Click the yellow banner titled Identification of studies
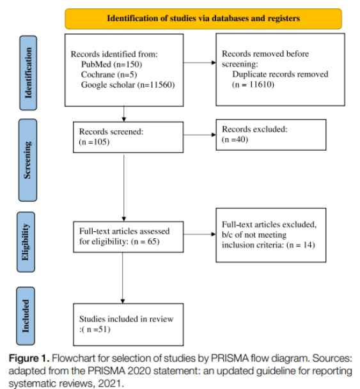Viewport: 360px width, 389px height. click(x=203, y=19)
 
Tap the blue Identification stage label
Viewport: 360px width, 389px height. click(x=28, y=73)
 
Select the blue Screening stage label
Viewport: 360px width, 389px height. click(x=27, y=160)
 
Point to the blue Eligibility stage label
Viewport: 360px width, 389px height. click(x=26, y=242)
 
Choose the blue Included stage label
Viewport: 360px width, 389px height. click(x=26, y=316)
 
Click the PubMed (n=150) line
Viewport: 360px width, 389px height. click(x=111, y=65)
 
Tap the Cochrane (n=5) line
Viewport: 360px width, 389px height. click(x=109, y=75)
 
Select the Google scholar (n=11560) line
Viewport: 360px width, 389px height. click(x=128, y=84)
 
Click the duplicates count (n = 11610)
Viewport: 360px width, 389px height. click(x=253, y=84)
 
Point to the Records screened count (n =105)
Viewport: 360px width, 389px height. click(x=94, y=142)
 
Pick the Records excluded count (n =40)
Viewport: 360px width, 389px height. click(x=235, y=139)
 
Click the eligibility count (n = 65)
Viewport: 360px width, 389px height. click(x=145, y=241)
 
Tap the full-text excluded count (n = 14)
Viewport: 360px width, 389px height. click(x=301, y=245)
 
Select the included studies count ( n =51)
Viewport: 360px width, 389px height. click(x=95, y=329)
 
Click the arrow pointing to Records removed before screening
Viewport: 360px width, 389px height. click(x=200, y=63)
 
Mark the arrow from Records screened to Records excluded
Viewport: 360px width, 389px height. click(x=200, y=135)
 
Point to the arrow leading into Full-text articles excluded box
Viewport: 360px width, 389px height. click(x=200, y=234)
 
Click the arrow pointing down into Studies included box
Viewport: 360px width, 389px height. click(x=122, y=278)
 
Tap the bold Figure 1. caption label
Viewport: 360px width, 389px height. click(x=29, y=358)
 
